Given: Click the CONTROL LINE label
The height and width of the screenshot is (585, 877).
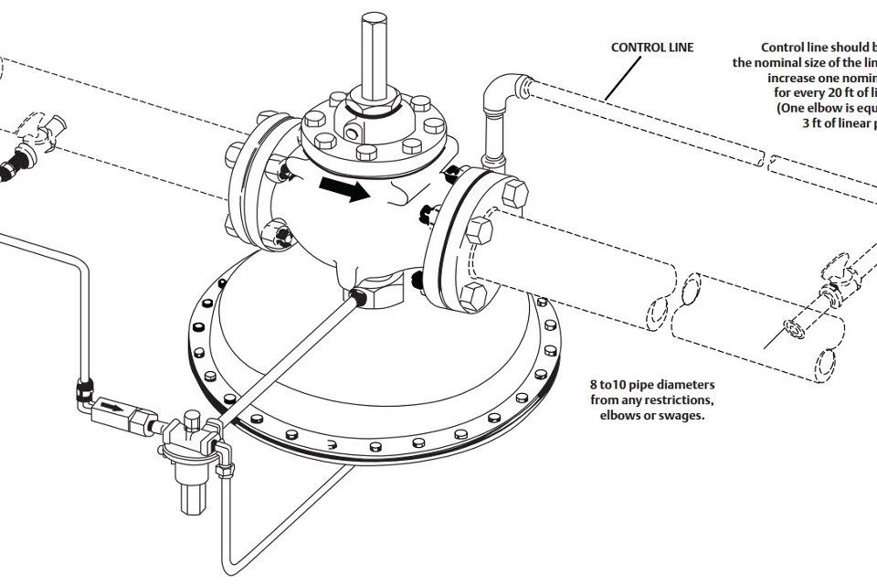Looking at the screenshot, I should pyautogui.click(x=652, y=48).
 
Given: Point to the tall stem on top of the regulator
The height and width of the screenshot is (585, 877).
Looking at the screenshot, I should pyautogui.click(x=373, y=55).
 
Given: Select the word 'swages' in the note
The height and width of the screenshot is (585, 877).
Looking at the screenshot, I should pyautogui.click(x=682, y=416).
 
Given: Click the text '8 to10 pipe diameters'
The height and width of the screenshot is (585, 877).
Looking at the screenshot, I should pyautogui.click(x=650, y=383).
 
